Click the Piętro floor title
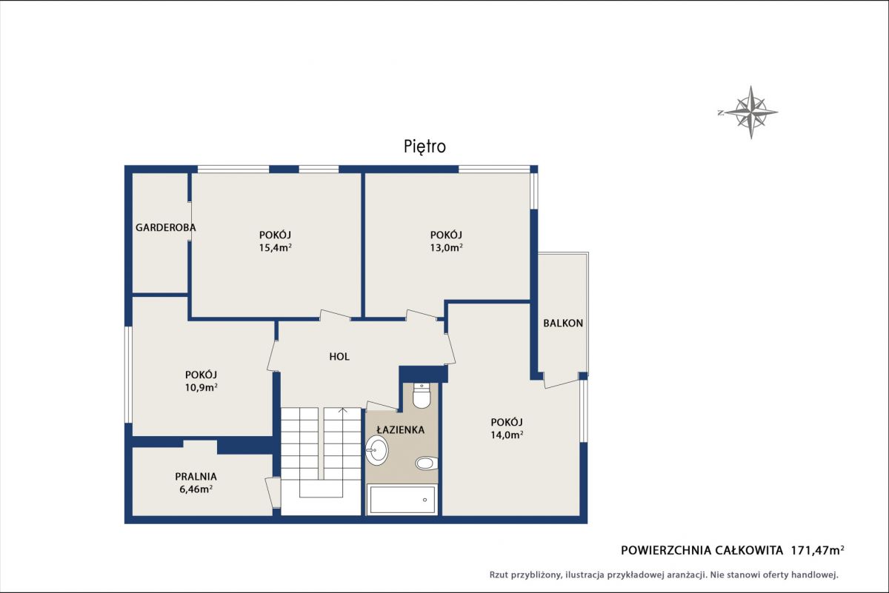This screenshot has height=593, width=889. coord(424,147)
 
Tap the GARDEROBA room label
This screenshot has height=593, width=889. coord(165,228)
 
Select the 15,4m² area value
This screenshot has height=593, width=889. coord(276,248)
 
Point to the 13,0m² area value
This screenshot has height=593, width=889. coord(447,248)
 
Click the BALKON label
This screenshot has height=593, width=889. coord(563,324)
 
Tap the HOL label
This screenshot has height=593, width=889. coord(339,357)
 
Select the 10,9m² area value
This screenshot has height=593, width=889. coord(201,387)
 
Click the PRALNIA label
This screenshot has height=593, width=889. coord(196,476)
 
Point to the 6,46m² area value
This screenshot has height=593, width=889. coord(196,489)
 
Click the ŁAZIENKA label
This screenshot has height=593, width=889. coord(401,429)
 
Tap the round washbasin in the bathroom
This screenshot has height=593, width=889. coord(376,450)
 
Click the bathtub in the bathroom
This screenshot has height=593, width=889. coord(402,500)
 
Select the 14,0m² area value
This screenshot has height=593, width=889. coord(507,435)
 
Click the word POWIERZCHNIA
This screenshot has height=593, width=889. coord(665,551)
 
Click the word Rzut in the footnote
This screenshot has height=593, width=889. coord(499,574)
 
